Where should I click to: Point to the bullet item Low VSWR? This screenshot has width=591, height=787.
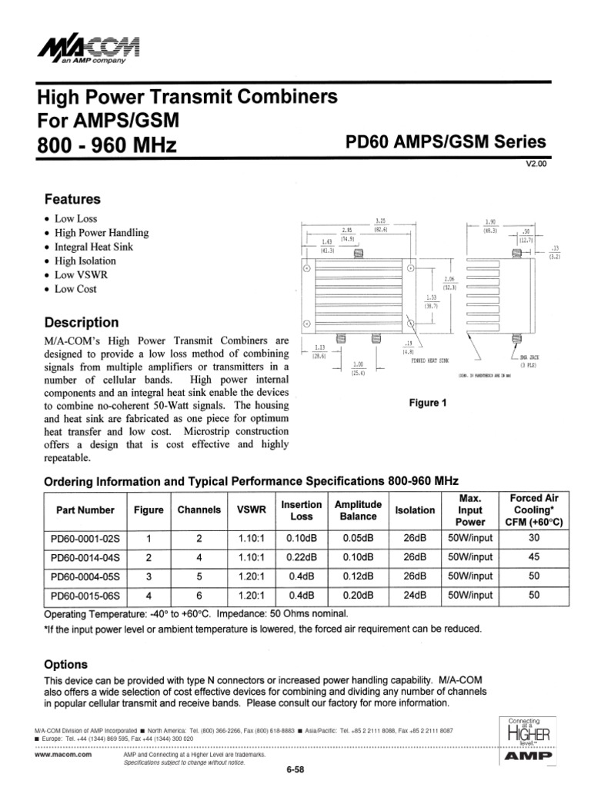click(x=81, y=275)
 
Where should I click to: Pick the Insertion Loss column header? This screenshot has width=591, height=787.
click(x=301, y=510)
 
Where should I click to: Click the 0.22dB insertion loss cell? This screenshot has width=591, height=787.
click(x=301, y=556)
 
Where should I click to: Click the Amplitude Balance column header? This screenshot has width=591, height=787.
click(x=358, y=510)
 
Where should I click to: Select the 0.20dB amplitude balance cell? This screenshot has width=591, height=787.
click(x=358, y=595)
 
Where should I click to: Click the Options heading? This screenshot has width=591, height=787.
click(x=66, y=664)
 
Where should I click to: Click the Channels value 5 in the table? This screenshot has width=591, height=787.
click(x=199, y=576)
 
